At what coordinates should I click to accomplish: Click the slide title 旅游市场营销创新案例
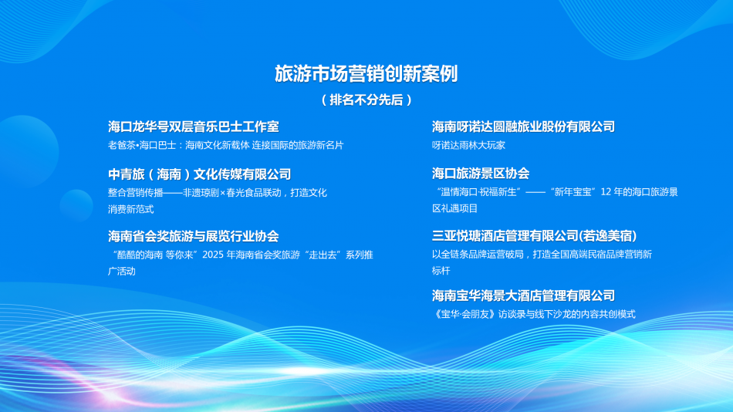(366, 73)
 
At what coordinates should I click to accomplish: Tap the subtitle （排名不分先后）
(366, 100)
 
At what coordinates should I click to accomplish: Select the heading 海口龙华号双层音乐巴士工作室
(193, 127)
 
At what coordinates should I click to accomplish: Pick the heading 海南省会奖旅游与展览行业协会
(193, 236)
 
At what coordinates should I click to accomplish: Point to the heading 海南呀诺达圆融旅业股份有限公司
(523, 127)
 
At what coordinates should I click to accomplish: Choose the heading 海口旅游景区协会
(480, 174)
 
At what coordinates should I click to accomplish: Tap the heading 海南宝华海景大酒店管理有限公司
(523, 295)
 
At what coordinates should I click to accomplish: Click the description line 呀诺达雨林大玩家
(468, 145)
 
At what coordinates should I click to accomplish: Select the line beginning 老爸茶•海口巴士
(225, 145)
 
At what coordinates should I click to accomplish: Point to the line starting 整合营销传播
(218, 192)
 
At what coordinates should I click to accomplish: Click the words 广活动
(121, 272)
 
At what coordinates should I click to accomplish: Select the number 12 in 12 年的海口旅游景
(606, 192)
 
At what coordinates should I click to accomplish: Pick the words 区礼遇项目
(454, 208)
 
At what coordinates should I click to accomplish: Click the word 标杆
(441, 271)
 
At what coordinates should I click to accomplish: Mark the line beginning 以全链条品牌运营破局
(542, 254)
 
